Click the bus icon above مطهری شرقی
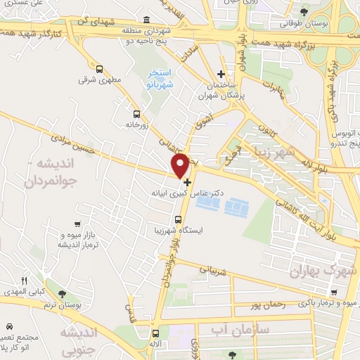pos(99,70)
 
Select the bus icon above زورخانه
pos(136,112)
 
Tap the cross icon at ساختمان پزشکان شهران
pos(221,74)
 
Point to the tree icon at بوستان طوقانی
pos(304,12)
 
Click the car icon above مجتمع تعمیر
pos(8,327)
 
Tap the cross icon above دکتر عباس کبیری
pos(187,181)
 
